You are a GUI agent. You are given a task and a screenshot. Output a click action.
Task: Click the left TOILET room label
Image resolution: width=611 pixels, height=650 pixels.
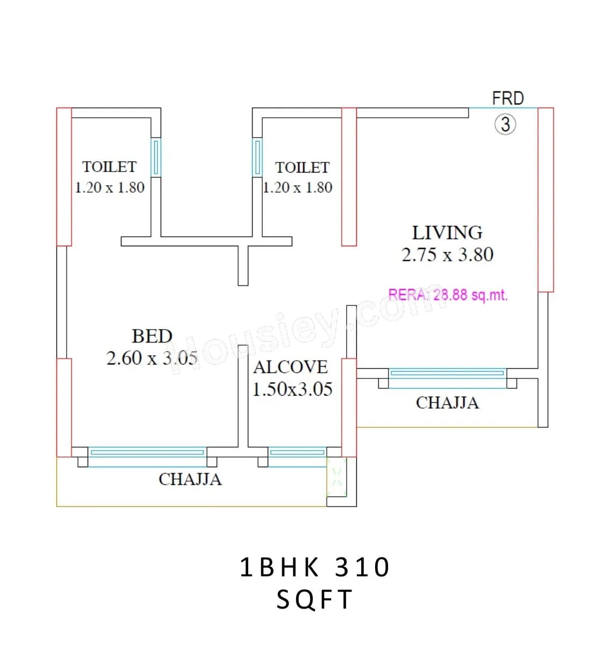[x=109, y=167]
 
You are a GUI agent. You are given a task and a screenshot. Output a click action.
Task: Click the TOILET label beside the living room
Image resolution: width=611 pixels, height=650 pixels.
[x=302, y=168]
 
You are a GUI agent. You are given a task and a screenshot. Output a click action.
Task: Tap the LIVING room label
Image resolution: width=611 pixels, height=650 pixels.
[x=447, y=233]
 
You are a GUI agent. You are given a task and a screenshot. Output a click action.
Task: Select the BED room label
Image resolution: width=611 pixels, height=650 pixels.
[x=152, y=337]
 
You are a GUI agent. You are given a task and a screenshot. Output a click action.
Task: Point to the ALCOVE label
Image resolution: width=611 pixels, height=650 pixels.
[x=290, y=367]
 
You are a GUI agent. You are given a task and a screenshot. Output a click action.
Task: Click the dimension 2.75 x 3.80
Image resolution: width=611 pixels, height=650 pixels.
[x=447, y=255]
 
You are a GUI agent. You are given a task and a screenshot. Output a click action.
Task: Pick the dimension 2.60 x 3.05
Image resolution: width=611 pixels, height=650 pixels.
[x=152, y=358]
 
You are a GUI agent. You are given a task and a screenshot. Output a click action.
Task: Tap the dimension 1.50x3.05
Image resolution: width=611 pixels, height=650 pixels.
[x=292, y=389]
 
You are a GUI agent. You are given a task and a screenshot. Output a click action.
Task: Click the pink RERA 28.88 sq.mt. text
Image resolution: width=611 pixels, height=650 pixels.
[x=448, y=295]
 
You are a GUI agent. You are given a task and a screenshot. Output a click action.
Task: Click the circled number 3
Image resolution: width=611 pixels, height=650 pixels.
[x=505, y=125]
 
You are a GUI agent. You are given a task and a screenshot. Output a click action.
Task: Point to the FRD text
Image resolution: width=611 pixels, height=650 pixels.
[x=508, y=98]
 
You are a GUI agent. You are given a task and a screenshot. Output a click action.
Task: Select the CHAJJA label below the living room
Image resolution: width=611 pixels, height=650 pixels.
[x=447, y=403]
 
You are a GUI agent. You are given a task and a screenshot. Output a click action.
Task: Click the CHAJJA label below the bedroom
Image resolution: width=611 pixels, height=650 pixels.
[x=190, y=479]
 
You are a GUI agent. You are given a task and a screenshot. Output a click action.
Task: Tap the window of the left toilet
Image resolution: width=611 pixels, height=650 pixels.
[x=156, y=157]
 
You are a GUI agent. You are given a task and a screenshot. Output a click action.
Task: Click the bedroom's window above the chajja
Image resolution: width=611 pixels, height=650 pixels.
[x=147, y=452]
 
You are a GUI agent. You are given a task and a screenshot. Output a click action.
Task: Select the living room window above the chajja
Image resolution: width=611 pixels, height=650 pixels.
[x=447, y=373]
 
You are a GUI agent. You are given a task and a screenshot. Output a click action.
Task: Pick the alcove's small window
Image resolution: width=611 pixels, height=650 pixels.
[x=297, y=452]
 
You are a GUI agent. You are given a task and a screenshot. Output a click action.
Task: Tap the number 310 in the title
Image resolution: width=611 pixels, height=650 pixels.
[x=362, y=568]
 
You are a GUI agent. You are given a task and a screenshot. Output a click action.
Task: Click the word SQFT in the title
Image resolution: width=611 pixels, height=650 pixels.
[x=314, y=600]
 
